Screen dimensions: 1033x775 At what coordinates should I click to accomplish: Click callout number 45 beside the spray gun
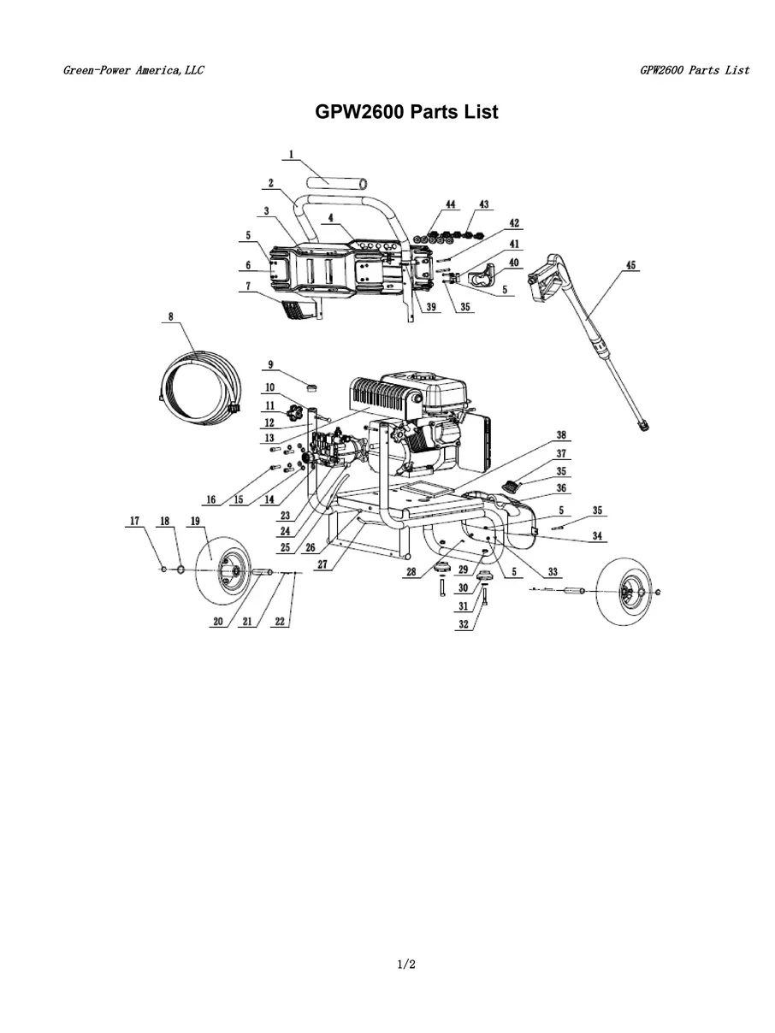point(630,266)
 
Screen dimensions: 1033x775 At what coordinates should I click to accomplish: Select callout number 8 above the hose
point(170,316)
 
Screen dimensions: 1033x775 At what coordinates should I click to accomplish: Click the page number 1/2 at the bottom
point(406,965)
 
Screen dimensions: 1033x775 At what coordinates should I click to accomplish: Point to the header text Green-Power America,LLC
point(133,70)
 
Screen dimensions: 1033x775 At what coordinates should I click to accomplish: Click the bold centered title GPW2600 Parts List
point(406,112)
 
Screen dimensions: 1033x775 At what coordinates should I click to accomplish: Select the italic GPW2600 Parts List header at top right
point(694,70)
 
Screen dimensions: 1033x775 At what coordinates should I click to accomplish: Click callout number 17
point(134,521)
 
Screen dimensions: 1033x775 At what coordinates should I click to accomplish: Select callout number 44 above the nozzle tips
point(450,205)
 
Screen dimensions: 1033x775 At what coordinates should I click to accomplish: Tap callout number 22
point(280,623)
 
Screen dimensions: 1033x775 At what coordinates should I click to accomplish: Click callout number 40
point(514,262)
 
